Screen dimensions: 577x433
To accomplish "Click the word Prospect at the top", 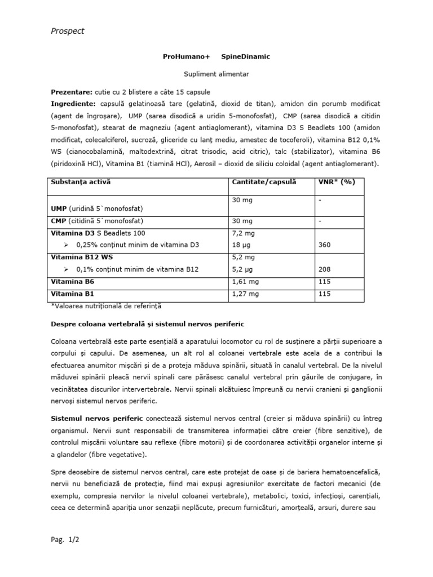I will [x=67, y=31].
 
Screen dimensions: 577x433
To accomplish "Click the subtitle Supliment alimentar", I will [x=216, y=74].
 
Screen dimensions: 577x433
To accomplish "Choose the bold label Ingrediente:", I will [x=74, y=104].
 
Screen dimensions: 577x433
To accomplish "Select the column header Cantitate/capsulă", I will [x=264, y=182].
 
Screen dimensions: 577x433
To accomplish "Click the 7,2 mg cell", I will [x=243, y=233].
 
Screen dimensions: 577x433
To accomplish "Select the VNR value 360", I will [x=325, y=245].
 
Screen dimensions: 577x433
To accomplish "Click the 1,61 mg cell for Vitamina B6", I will [x=245, y=281].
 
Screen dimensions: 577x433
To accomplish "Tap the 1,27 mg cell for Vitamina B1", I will [x=245, y=293].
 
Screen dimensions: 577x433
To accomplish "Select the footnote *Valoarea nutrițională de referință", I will [x=106, y=305].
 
